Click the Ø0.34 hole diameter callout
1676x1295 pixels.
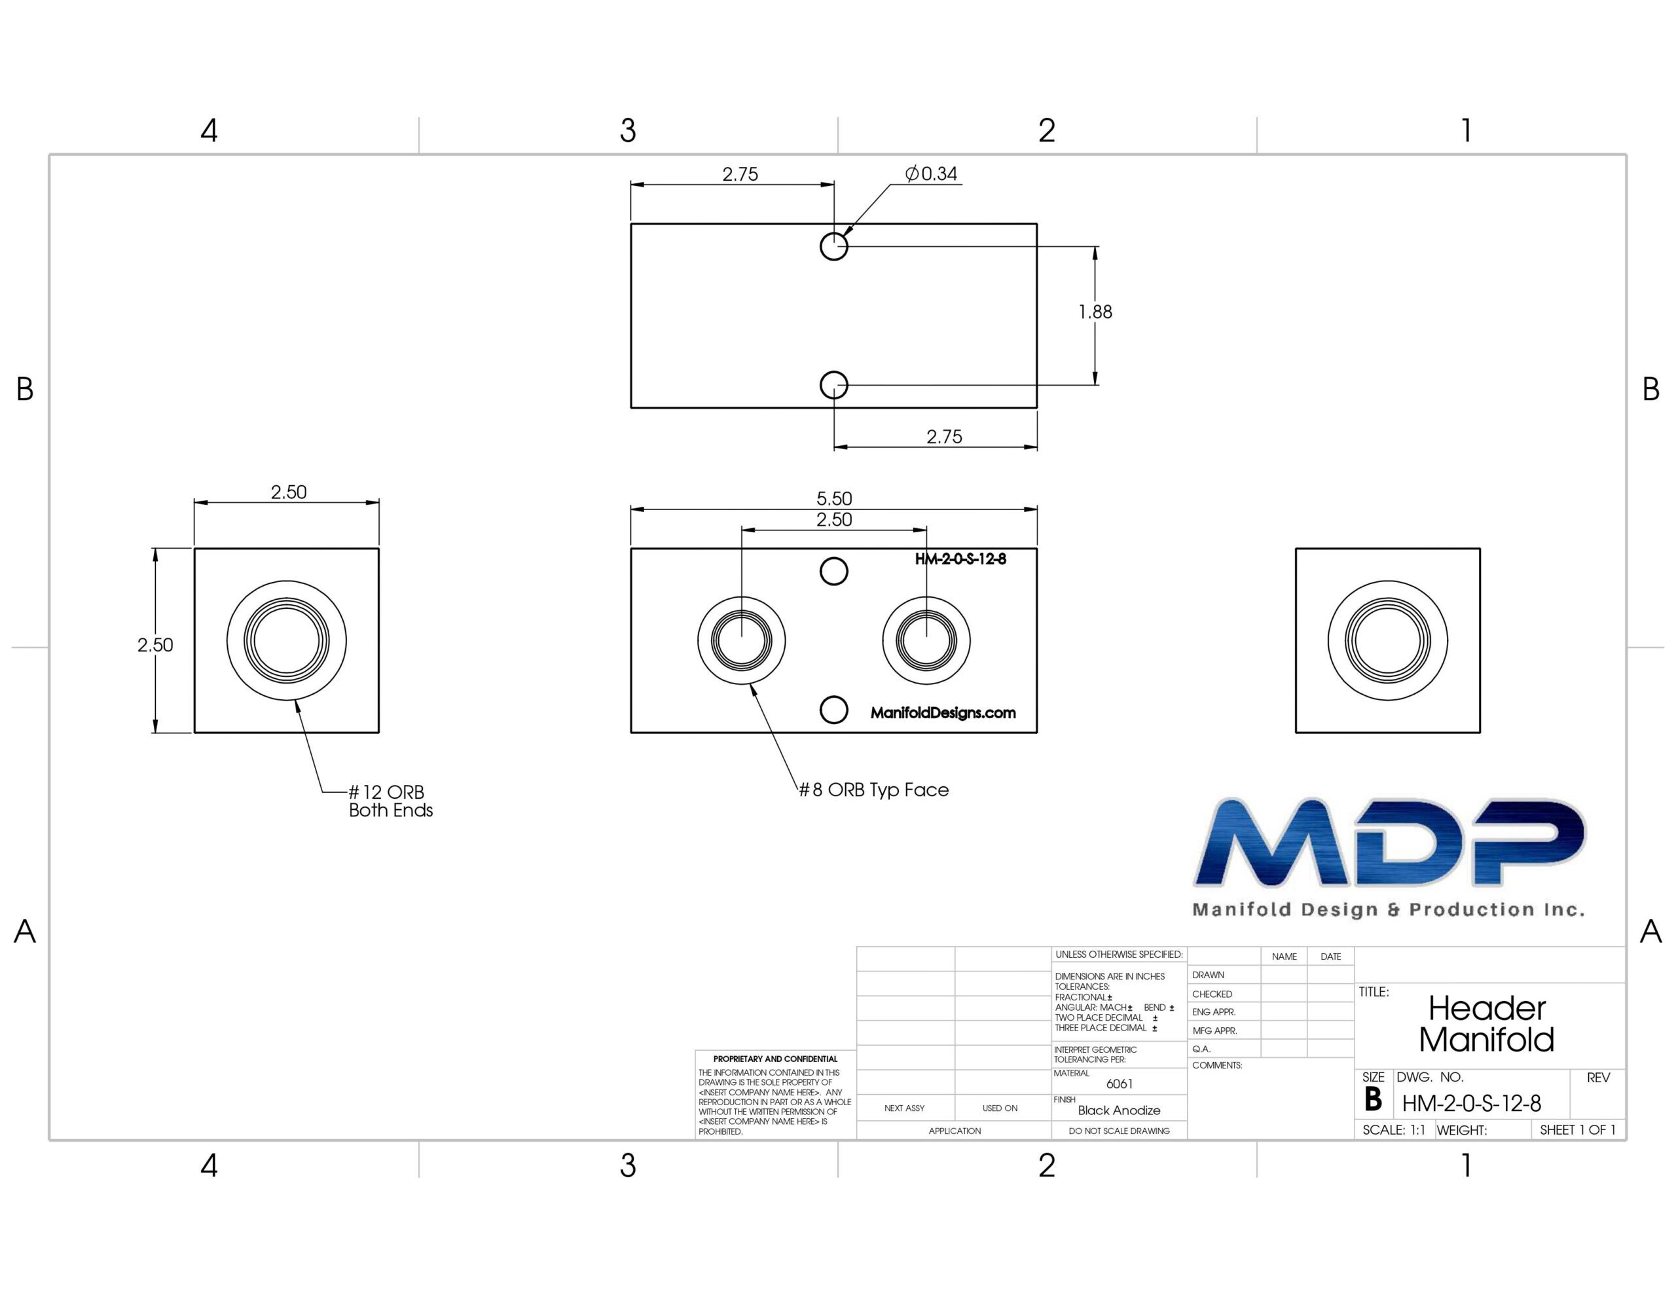(x=931, y=174)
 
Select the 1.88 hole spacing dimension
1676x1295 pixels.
(x=1095, y=312)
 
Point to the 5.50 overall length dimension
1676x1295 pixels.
(x=834, y=498)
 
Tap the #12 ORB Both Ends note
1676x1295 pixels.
(x=391, y=801)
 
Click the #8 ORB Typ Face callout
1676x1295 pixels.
(x=874, y=790)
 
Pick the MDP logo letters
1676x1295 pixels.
(x=1390, y=841)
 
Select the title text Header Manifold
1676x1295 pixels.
(x=1486, y=1024)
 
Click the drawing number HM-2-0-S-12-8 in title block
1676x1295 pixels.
(x=1471, y=1104)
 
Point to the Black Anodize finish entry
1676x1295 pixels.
(x=1119, y=1110)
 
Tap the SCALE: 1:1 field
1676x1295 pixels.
(x=1394, y=1130)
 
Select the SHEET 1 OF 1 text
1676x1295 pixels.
(x=1578, y=1130)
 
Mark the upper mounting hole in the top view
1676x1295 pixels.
(x=834, y=246)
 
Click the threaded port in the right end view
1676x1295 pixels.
(x=1387, y=640)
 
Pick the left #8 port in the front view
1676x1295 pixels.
(x=741, y=640)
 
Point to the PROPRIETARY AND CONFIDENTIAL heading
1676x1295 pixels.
(x=775, y=1059)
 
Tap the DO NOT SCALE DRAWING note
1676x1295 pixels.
(x=1119, y=1131)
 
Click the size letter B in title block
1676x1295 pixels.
(x=1373, y=1100)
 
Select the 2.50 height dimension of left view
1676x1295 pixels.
(x=155, y=645)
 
